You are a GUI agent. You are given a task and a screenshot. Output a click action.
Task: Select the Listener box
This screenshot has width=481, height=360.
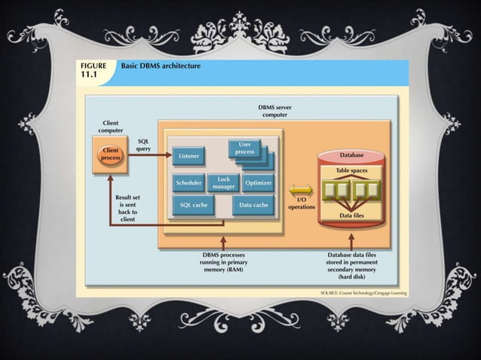190,156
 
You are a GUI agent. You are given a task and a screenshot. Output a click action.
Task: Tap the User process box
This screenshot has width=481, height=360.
246,148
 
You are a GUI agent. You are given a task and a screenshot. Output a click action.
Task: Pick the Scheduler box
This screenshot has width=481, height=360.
188,183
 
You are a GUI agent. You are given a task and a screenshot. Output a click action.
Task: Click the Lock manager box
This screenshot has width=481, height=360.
224,183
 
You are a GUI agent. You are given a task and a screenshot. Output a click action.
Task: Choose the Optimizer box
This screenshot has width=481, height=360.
259,183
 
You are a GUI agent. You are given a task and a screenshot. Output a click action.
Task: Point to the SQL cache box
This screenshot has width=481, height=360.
194,205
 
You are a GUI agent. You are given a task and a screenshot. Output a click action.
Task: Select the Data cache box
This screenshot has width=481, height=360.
253,205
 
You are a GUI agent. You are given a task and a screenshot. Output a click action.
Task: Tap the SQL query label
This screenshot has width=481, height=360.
143,145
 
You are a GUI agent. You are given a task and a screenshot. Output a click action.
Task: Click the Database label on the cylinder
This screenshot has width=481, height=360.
351,155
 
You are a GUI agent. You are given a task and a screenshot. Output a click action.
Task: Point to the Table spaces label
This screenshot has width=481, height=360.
352,171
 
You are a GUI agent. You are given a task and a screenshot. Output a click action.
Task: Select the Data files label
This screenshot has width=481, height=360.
352,215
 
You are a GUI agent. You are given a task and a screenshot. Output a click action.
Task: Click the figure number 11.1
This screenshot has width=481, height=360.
90,76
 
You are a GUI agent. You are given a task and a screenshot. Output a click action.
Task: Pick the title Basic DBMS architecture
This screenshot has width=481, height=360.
156,66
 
